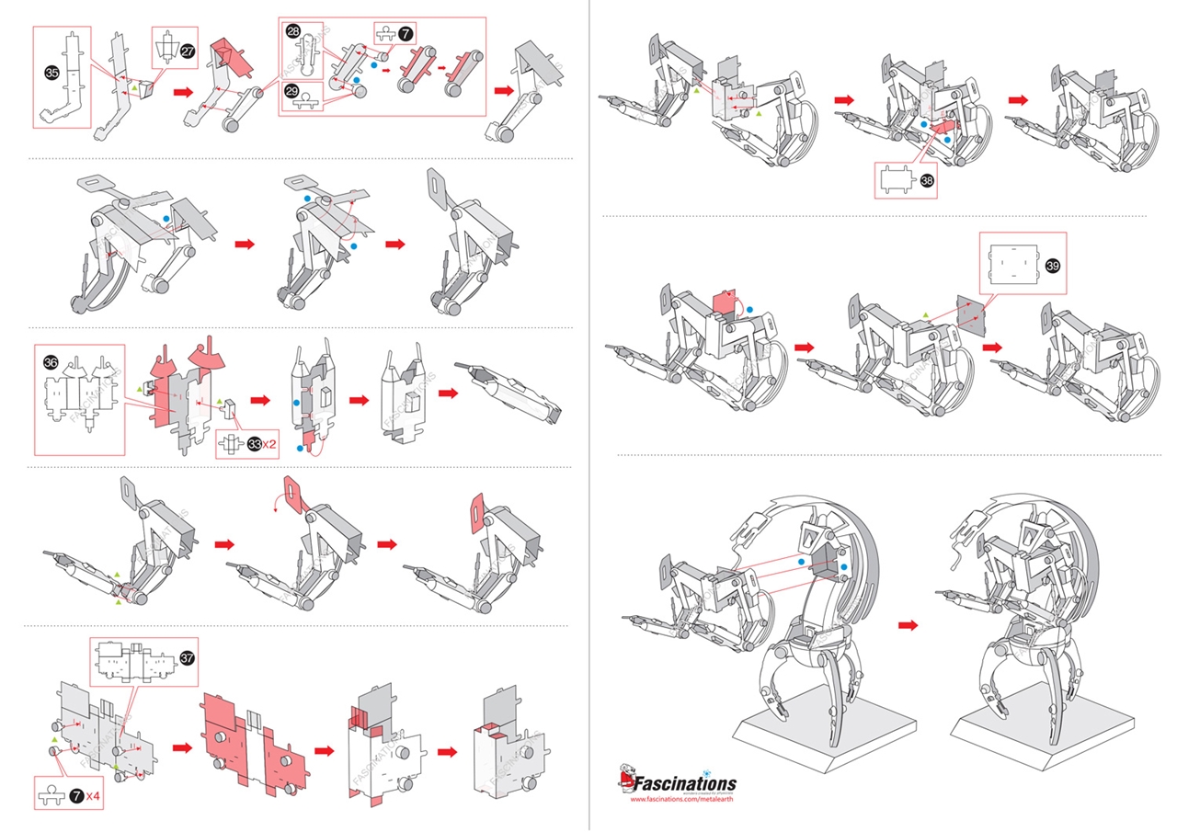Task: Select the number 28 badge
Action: tap(293, 32)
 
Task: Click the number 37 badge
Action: tap(187, 658)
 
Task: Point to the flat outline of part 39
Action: tap(1009, 266)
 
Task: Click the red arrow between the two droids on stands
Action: tap(908, 624)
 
